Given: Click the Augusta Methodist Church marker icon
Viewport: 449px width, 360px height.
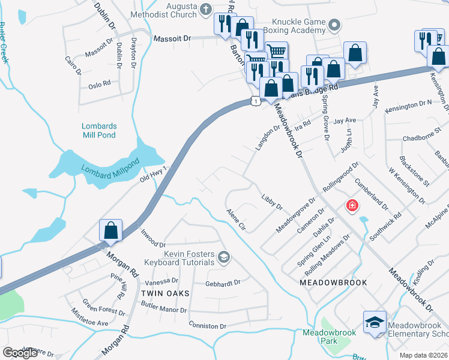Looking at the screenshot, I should click(x=206, y=9).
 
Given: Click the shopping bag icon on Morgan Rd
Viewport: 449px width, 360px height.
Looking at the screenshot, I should click(x=111, y=230).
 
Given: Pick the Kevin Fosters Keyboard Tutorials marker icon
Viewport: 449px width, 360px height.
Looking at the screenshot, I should click(x=224, y=257).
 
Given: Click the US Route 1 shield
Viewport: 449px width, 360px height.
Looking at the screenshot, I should click(x=256, y=101).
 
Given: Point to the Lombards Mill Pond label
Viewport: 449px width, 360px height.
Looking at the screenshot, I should click(x=99, y=130).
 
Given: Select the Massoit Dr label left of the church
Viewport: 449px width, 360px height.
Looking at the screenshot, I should click(x=172, y=38).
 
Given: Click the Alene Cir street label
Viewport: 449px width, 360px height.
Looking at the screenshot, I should click(x=236, y=219).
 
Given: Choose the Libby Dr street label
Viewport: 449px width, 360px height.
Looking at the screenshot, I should click(x=271, y=202).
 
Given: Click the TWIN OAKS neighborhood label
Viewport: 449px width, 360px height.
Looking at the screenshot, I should click(x=165, y=293).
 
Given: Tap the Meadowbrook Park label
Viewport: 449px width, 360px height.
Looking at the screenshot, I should click(x=329, y=336).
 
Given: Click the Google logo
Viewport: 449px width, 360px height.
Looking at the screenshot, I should click(x=20, y=353).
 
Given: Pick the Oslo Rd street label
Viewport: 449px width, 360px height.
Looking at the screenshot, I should click(x=100, y=84).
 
